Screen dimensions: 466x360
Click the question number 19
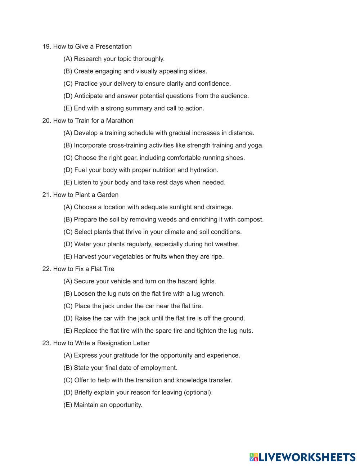47,46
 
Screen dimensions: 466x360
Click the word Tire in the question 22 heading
108,269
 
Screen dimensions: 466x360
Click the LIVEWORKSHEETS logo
302,457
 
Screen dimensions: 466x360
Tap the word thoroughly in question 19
149,59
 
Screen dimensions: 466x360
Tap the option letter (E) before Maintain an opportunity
68,405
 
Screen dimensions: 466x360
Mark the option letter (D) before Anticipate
68,96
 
